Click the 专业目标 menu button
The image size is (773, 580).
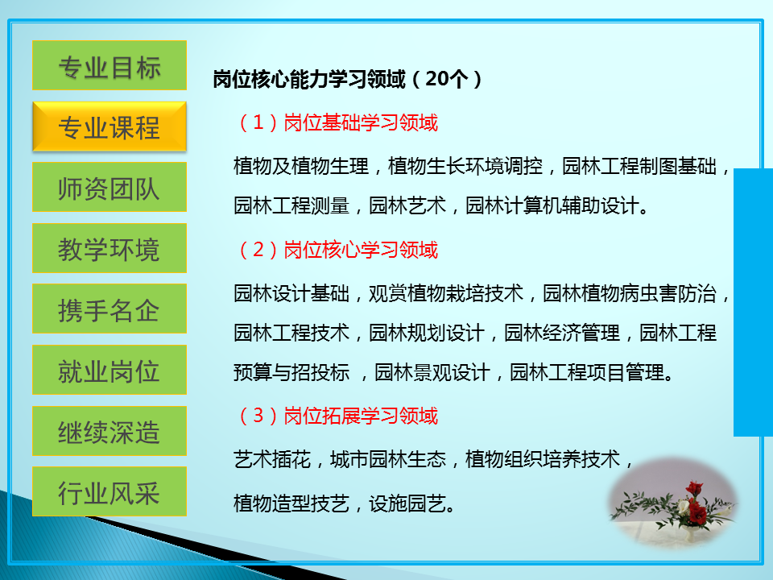coord(110,65)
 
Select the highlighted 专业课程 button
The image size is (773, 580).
coord(110,126)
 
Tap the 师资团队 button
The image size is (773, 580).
coord(110,187)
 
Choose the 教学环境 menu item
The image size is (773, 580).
coord(110,248)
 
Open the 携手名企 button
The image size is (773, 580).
coord(110,309)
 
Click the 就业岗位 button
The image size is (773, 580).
coord(110,370)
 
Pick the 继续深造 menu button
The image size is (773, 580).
coord(110,431)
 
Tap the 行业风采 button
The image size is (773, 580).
coord(110,491)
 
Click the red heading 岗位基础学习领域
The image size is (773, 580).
coord(361,122)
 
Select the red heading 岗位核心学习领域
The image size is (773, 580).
coord(361,250)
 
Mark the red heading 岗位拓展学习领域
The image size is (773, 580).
coord(361,416)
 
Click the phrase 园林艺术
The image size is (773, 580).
coord(407,205)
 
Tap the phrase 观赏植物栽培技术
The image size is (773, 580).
coord(446,293)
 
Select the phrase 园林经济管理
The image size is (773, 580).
coord(562,333)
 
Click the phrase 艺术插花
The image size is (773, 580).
coord(272,460)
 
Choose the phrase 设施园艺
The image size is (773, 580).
coord(407,503)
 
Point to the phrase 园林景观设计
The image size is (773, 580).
coord(432,372)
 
